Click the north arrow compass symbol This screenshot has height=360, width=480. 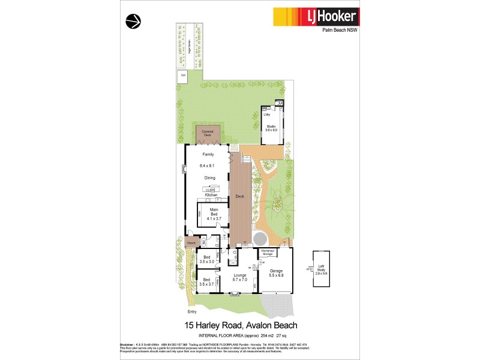[x=133, y=22]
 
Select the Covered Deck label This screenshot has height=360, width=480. [x=207, y=134]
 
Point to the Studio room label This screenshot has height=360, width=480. [x=271, y=128]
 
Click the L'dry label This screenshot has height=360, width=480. [x=267, y=114]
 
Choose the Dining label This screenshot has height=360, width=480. [x=210, y=178]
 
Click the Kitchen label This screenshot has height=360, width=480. [x=211, y=195]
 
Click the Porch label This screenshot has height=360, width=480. [x=191, y=243]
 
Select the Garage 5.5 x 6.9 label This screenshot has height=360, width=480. [x=275, y=273]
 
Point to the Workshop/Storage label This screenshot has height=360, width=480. [x=267, y=253]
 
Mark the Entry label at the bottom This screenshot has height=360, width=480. [x=192, y=312]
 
